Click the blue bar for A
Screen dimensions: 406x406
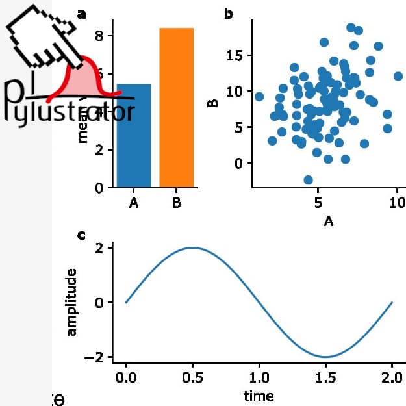(134, 136)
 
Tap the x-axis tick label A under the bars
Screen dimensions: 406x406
(134, 203)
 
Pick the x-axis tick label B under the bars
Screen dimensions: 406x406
(177, 203)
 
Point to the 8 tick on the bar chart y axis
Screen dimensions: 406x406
(99, 36)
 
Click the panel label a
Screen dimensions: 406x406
(81, 14)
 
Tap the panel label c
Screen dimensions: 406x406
(81, 235)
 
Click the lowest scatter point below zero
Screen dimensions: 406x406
(308, 180)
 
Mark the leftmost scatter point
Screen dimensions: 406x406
(259, 97)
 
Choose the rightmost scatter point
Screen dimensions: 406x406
(398, 76)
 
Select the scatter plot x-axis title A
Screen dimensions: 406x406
(328, 222)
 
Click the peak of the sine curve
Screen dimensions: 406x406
(192, 247)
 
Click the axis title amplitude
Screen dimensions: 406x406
(71, 302)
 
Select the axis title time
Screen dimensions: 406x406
(259, 396)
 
